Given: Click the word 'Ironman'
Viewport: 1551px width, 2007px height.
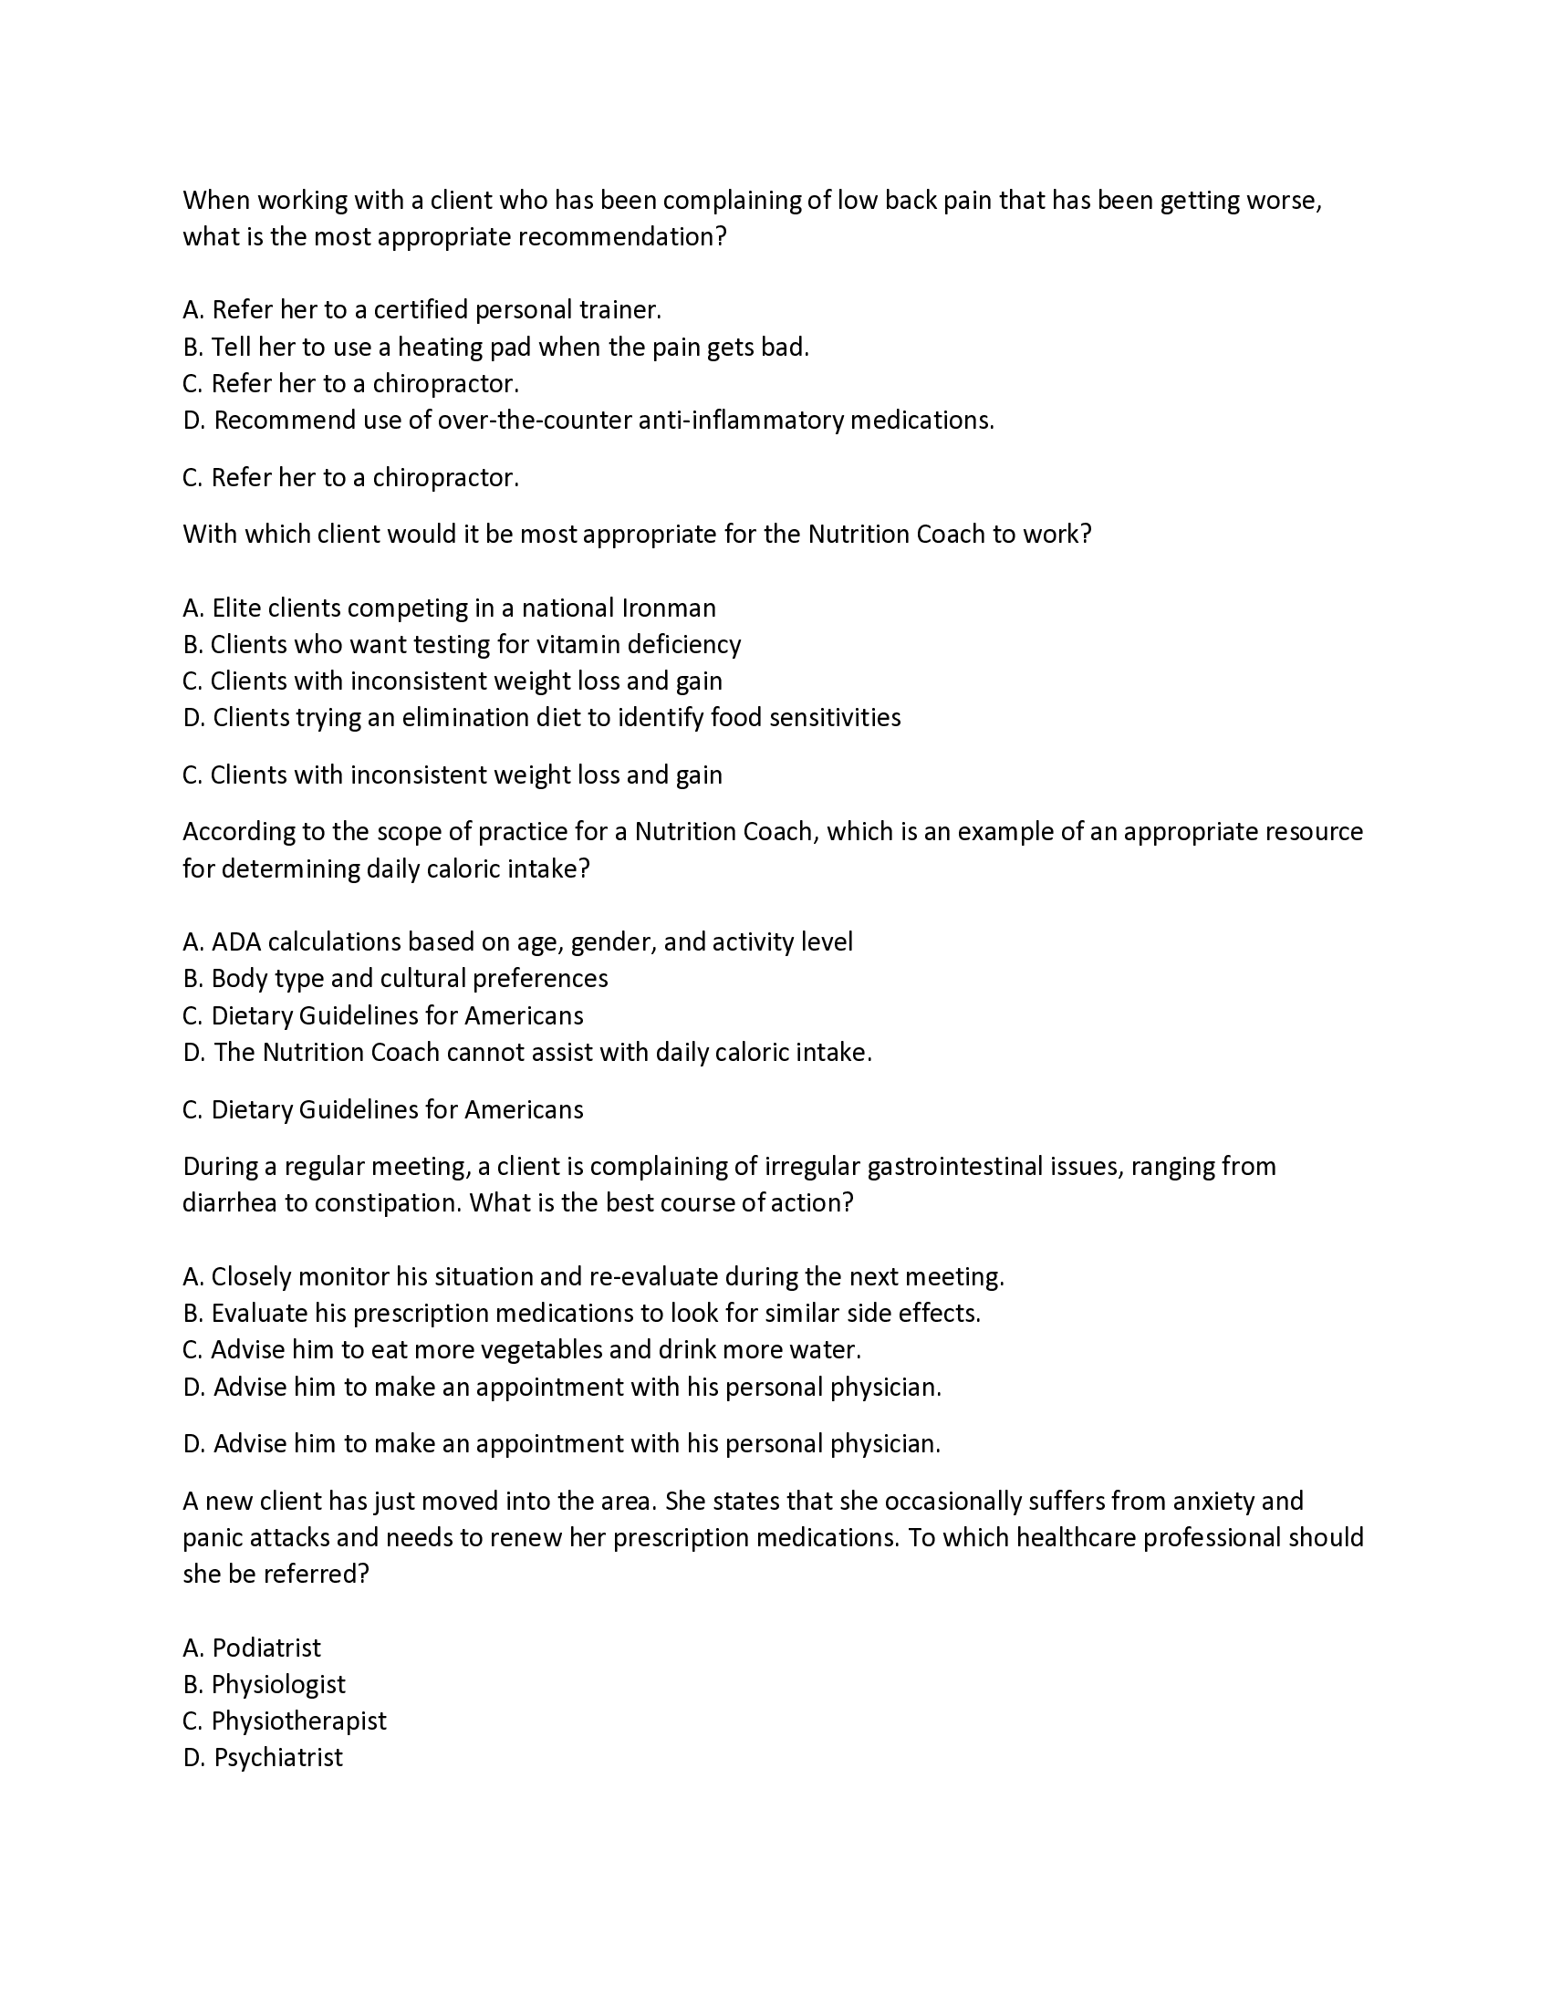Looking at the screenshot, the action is [x=668, y=608].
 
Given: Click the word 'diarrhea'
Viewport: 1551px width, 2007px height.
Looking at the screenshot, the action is [x=230, y=1203].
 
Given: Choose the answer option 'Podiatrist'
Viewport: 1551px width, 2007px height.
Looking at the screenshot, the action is [x=266, y=1648].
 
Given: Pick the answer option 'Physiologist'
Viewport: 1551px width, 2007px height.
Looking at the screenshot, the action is [x=277, y=1684].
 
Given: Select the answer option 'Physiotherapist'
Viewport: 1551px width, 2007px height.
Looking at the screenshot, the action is [x=298, y=1721].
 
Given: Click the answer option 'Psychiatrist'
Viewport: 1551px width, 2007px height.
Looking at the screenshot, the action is [x=277, y=1757].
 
